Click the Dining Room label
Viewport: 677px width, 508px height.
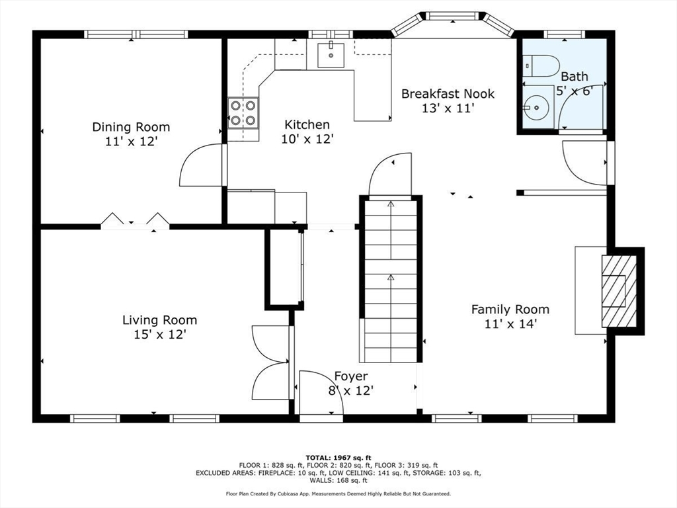click(x=132, y=127)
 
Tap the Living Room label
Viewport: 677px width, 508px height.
click(x=160, y=320)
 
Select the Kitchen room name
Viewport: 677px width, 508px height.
click(x=307, y=125)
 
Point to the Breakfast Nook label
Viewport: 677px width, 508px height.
click(x=448, y=94)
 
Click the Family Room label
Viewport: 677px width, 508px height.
click(x=510, y=310)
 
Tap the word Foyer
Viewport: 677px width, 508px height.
click(x=351, y=376)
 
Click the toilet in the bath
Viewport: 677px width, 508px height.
click(x=541, y=66)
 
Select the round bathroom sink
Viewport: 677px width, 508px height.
click(x=536, y=107)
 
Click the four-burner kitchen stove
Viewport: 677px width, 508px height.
click(x=243, y=113)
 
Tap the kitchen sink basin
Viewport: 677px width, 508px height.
click(x=331, y=56)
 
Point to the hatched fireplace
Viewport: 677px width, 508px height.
click(x=619, y=291)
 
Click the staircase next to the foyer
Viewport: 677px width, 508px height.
click(x=391, y=281)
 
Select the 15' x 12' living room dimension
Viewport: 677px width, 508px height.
click(x=160, y=334)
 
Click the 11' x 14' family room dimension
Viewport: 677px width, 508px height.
click(x=510, y=323)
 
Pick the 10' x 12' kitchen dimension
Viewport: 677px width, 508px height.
click(x=307, y=139)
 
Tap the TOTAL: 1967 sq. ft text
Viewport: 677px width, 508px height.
click(x=338, y=458)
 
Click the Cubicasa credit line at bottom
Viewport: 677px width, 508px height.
click(x=338, y=493)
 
